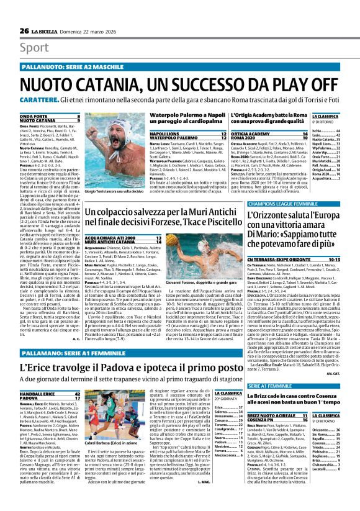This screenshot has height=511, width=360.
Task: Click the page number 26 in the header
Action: tap(24, 30)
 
